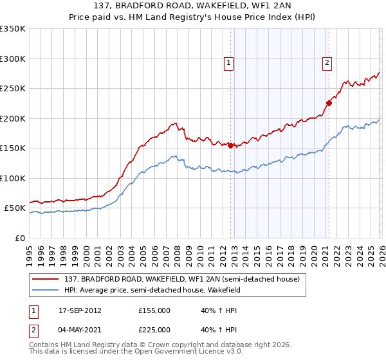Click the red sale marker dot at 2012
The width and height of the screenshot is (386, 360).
230,145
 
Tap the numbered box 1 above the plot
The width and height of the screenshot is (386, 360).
229,62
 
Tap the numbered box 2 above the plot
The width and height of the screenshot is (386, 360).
327,62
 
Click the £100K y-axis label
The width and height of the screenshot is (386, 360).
13,178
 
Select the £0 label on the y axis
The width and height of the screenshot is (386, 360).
19,238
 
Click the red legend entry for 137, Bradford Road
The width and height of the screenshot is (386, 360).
182,280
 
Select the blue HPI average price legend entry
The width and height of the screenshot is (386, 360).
152,291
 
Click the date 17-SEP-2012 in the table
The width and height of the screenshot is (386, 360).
80,310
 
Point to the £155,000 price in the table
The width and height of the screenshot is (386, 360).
154,310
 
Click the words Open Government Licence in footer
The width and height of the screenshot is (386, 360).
187,352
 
